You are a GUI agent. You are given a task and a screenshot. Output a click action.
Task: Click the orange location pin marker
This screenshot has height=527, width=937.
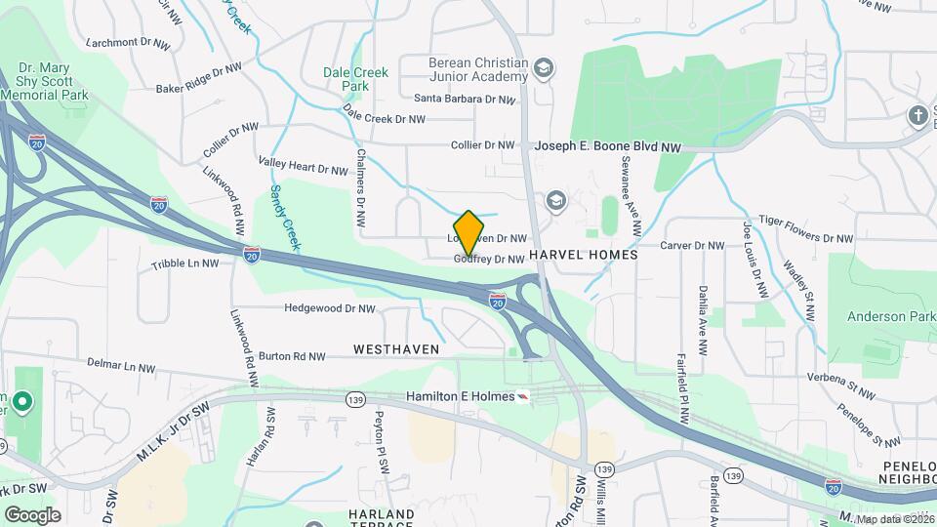coord(469,232)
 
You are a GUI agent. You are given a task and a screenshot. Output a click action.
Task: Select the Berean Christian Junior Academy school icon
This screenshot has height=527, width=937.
coord(544,68)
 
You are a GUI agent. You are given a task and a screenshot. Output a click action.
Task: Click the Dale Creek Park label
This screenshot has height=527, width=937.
coord(356,79)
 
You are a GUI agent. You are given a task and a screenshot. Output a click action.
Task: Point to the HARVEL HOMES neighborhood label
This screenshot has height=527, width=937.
coord(583,254)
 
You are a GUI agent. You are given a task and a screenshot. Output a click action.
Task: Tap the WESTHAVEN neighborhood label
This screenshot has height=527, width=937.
coord(396,348)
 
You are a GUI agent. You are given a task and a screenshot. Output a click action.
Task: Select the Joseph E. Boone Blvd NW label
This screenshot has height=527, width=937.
coord(607,145)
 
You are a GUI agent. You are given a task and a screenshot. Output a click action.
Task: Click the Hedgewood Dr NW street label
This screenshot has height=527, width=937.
coord(330,308)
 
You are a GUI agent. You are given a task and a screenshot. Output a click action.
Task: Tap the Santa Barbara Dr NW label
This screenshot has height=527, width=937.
coord(465,99)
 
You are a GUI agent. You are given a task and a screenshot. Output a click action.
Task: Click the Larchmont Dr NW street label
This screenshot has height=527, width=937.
coord(124,43)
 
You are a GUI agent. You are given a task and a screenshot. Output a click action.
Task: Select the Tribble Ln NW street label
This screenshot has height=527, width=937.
coord(185,264)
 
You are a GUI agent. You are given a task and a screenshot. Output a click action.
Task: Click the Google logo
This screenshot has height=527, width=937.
coord(32,514)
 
